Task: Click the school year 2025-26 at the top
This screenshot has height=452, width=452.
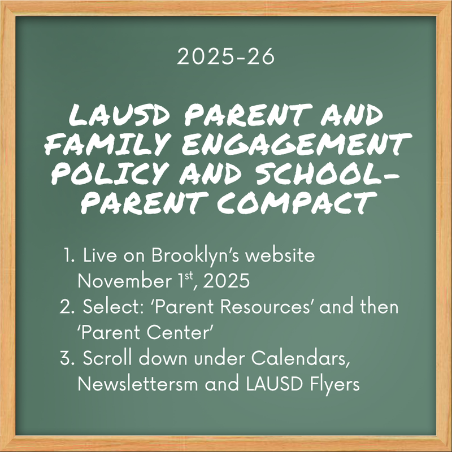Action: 225,56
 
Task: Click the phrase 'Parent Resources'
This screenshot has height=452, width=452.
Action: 203,308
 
